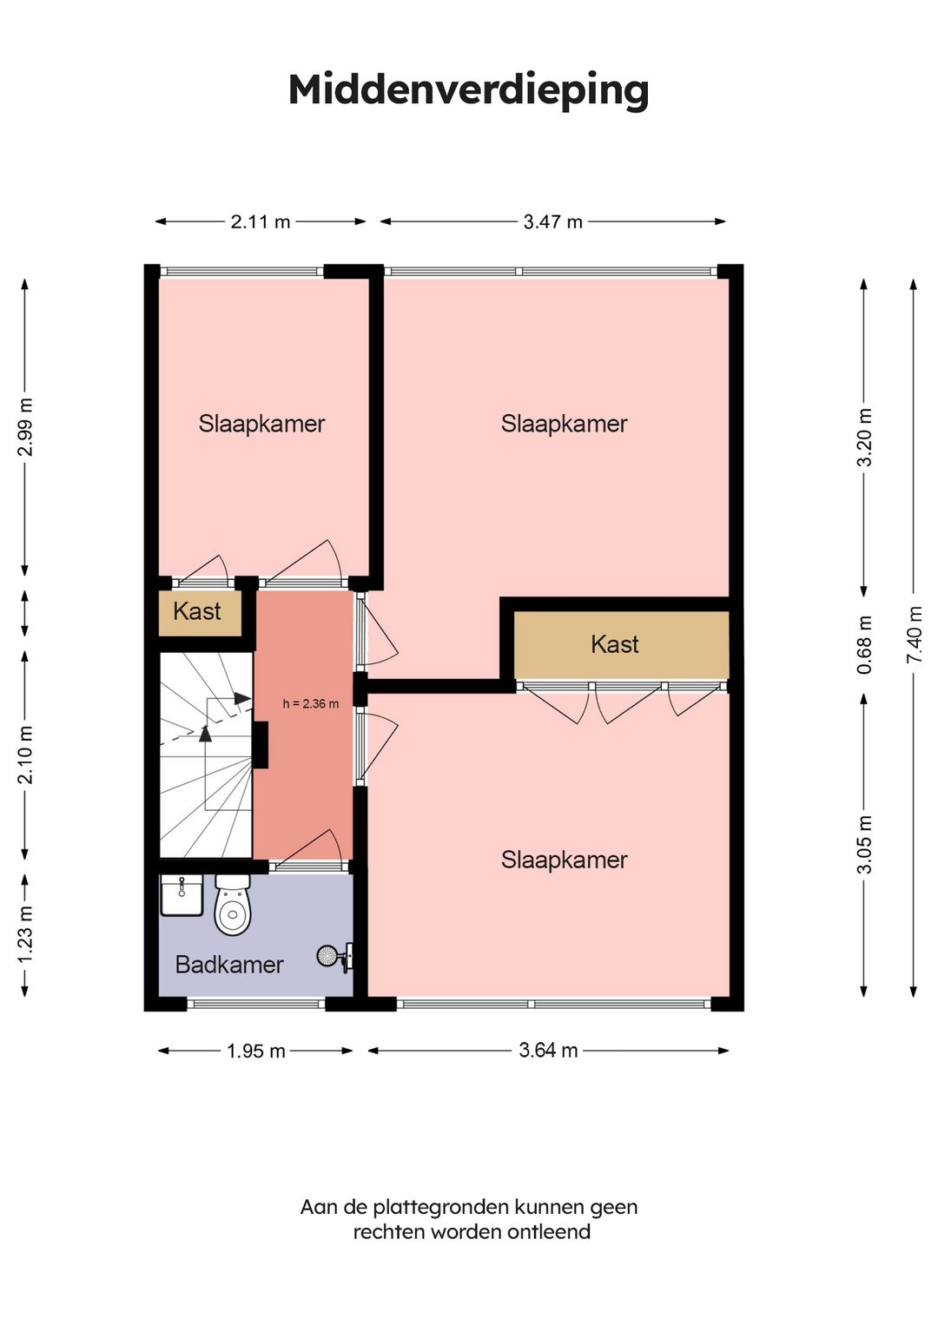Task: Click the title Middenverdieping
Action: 468,91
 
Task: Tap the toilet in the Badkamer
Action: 233,905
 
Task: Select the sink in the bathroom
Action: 182,895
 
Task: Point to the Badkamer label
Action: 229,965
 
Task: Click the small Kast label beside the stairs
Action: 197,611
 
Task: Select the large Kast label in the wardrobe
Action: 615,644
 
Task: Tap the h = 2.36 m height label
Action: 311,704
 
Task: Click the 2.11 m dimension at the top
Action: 261,221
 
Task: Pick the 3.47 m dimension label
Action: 552,221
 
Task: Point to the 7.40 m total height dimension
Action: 915,635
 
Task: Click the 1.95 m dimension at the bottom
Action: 256,1051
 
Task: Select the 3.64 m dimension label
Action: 548,1051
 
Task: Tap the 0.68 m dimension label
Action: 865,645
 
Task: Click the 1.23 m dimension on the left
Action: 25,934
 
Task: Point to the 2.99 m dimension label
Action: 25,427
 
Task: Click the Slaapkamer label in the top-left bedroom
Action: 261,424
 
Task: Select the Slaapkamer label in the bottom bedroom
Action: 564,860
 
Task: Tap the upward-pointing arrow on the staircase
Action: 205,734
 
